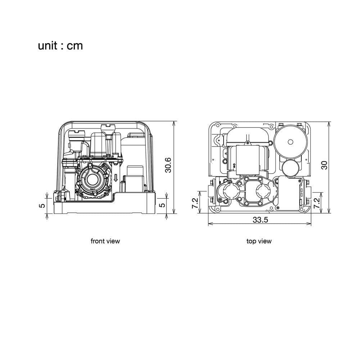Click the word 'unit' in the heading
tap(48, 45)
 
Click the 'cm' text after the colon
tap(75, 46)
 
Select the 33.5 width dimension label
tap(260, 220)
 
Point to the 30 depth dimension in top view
tap(324, 165)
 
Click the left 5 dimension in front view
tap(42, 205)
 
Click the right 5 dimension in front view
tap(162, 204)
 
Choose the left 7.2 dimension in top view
tap(195, 203)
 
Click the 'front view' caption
tap(105, 241)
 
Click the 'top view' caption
tap(259, 241)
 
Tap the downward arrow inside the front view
tap(116, 178)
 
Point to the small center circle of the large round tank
tap(290, 142)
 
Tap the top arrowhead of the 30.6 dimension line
tap(174, 123)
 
